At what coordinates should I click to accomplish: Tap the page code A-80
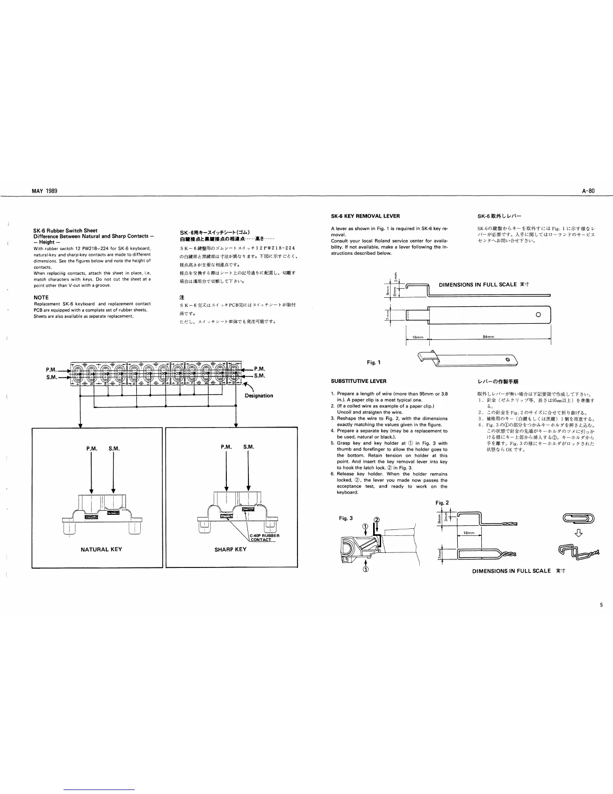pos(588,191)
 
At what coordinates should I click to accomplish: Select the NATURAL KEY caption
pos(101,549)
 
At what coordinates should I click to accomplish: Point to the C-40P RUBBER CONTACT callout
pos(264,538)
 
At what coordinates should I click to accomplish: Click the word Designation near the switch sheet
pos(259,395)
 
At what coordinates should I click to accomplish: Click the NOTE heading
pos(41,298)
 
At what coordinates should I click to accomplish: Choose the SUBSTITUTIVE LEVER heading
pos(359,381)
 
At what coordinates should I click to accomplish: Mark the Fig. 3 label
pos(345,518)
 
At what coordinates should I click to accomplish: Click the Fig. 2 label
pos(443,502)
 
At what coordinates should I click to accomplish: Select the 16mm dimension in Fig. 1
pos(417,336)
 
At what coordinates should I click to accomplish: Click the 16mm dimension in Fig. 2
pos(469,533)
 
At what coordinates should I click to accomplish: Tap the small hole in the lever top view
pos(538,315)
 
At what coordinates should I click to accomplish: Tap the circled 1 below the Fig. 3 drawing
pos(366,569)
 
